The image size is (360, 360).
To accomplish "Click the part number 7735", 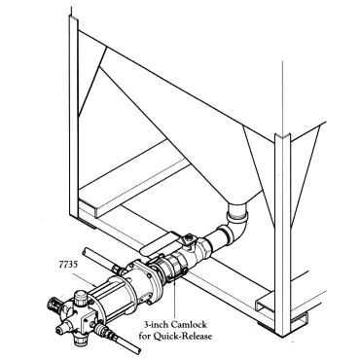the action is point(68,265).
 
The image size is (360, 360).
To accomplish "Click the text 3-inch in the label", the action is point(156,324).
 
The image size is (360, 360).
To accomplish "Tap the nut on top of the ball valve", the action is point(189,240).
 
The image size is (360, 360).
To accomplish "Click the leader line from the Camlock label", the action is point(175,299).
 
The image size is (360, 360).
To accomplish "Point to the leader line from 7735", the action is point(84,280).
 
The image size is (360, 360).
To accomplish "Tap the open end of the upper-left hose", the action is point(86,252).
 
